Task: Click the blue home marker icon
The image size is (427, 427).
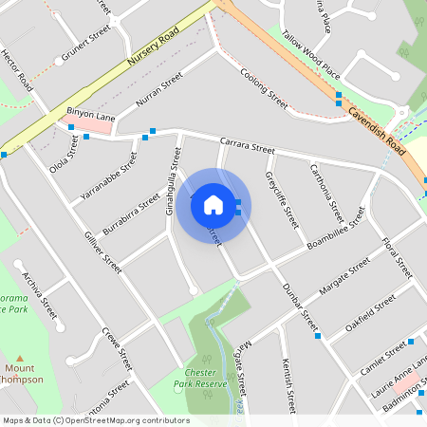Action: pyautogui.click(x=213, y=204)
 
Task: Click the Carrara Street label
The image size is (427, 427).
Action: pyautogui.click(x=246, y=147)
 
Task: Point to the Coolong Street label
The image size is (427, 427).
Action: pyautogui.click(x=263, y=86)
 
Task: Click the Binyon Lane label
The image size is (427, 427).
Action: pyautogui.click(x=90, y=116)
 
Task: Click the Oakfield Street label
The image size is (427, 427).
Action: pyautogui.click(x=370, y=310)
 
